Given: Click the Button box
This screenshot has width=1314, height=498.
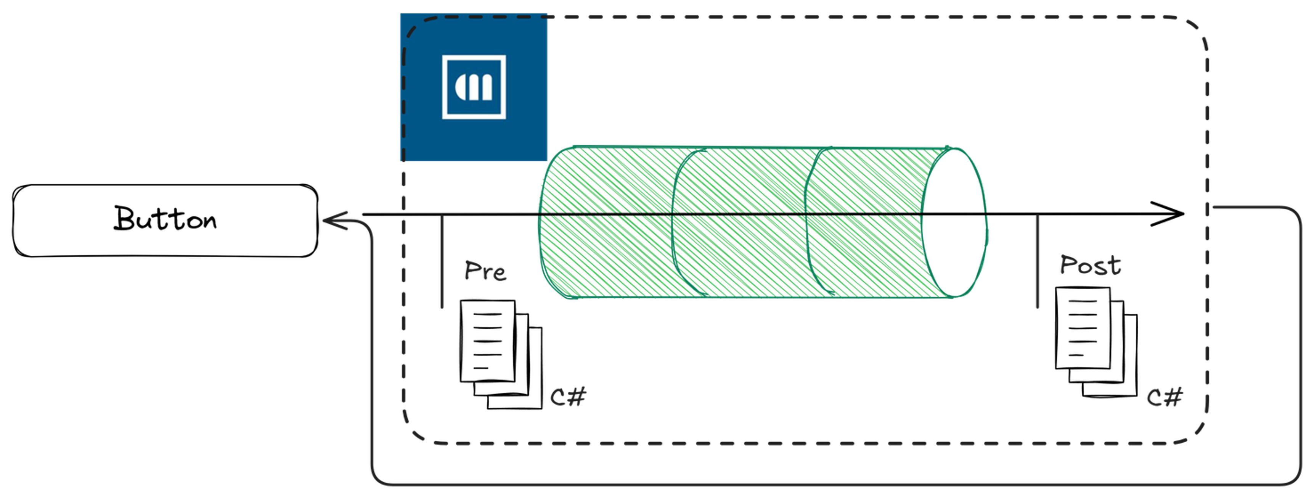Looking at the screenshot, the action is pos(165,221).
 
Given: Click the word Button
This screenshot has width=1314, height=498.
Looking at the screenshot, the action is pos(165,219).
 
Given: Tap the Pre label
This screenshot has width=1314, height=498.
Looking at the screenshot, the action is pos(485,271).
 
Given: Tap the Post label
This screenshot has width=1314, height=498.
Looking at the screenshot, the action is pos(1091,265).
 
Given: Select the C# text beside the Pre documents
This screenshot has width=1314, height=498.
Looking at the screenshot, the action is pos(568,396).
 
